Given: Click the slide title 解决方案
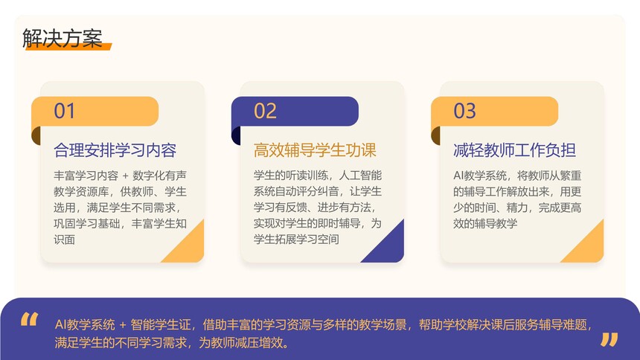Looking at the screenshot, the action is pyautogui.click(x=62, y=39).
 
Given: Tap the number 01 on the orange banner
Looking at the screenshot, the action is pyautogui.click(x=65, y=111).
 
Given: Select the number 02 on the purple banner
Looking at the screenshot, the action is pyautogui.click(x=265, y=111).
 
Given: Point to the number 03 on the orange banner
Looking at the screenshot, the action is pyautogui.click(x=464, y=111).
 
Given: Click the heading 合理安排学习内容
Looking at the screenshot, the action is pyautogui.click(x=115, y=150).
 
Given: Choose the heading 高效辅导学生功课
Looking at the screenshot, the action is pyautogui.click(x=315, y=150).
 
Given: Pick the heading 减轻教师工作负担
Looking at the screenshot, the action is pyautogui.click(x=514, y=150).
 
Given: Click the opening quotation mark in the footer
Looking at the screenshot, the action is pyautogui.click(x=29, y=319).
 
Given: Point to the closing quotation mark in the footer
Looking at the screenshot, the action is pyautogui.click(x=609, y=340).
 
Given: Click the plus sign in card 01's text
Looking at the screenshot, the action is pyautogui.click(x=125, y=176).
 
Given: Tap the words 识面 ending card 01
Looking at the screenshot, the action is pyautogui.click(x=65, y=240).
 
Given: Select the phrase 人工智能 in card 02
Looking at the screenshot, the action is pyautogui.click(x=360, y=176).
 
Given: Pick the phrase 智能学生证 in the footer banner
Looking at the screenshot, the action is pyautogui.click(x=161, y=325).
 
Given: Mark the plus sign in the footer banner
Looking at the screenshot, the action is pyautogui.click(x=123, y=325).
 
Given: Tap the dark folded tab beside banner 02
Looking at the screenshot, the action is pyautogui.click(x=236, y=135).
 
